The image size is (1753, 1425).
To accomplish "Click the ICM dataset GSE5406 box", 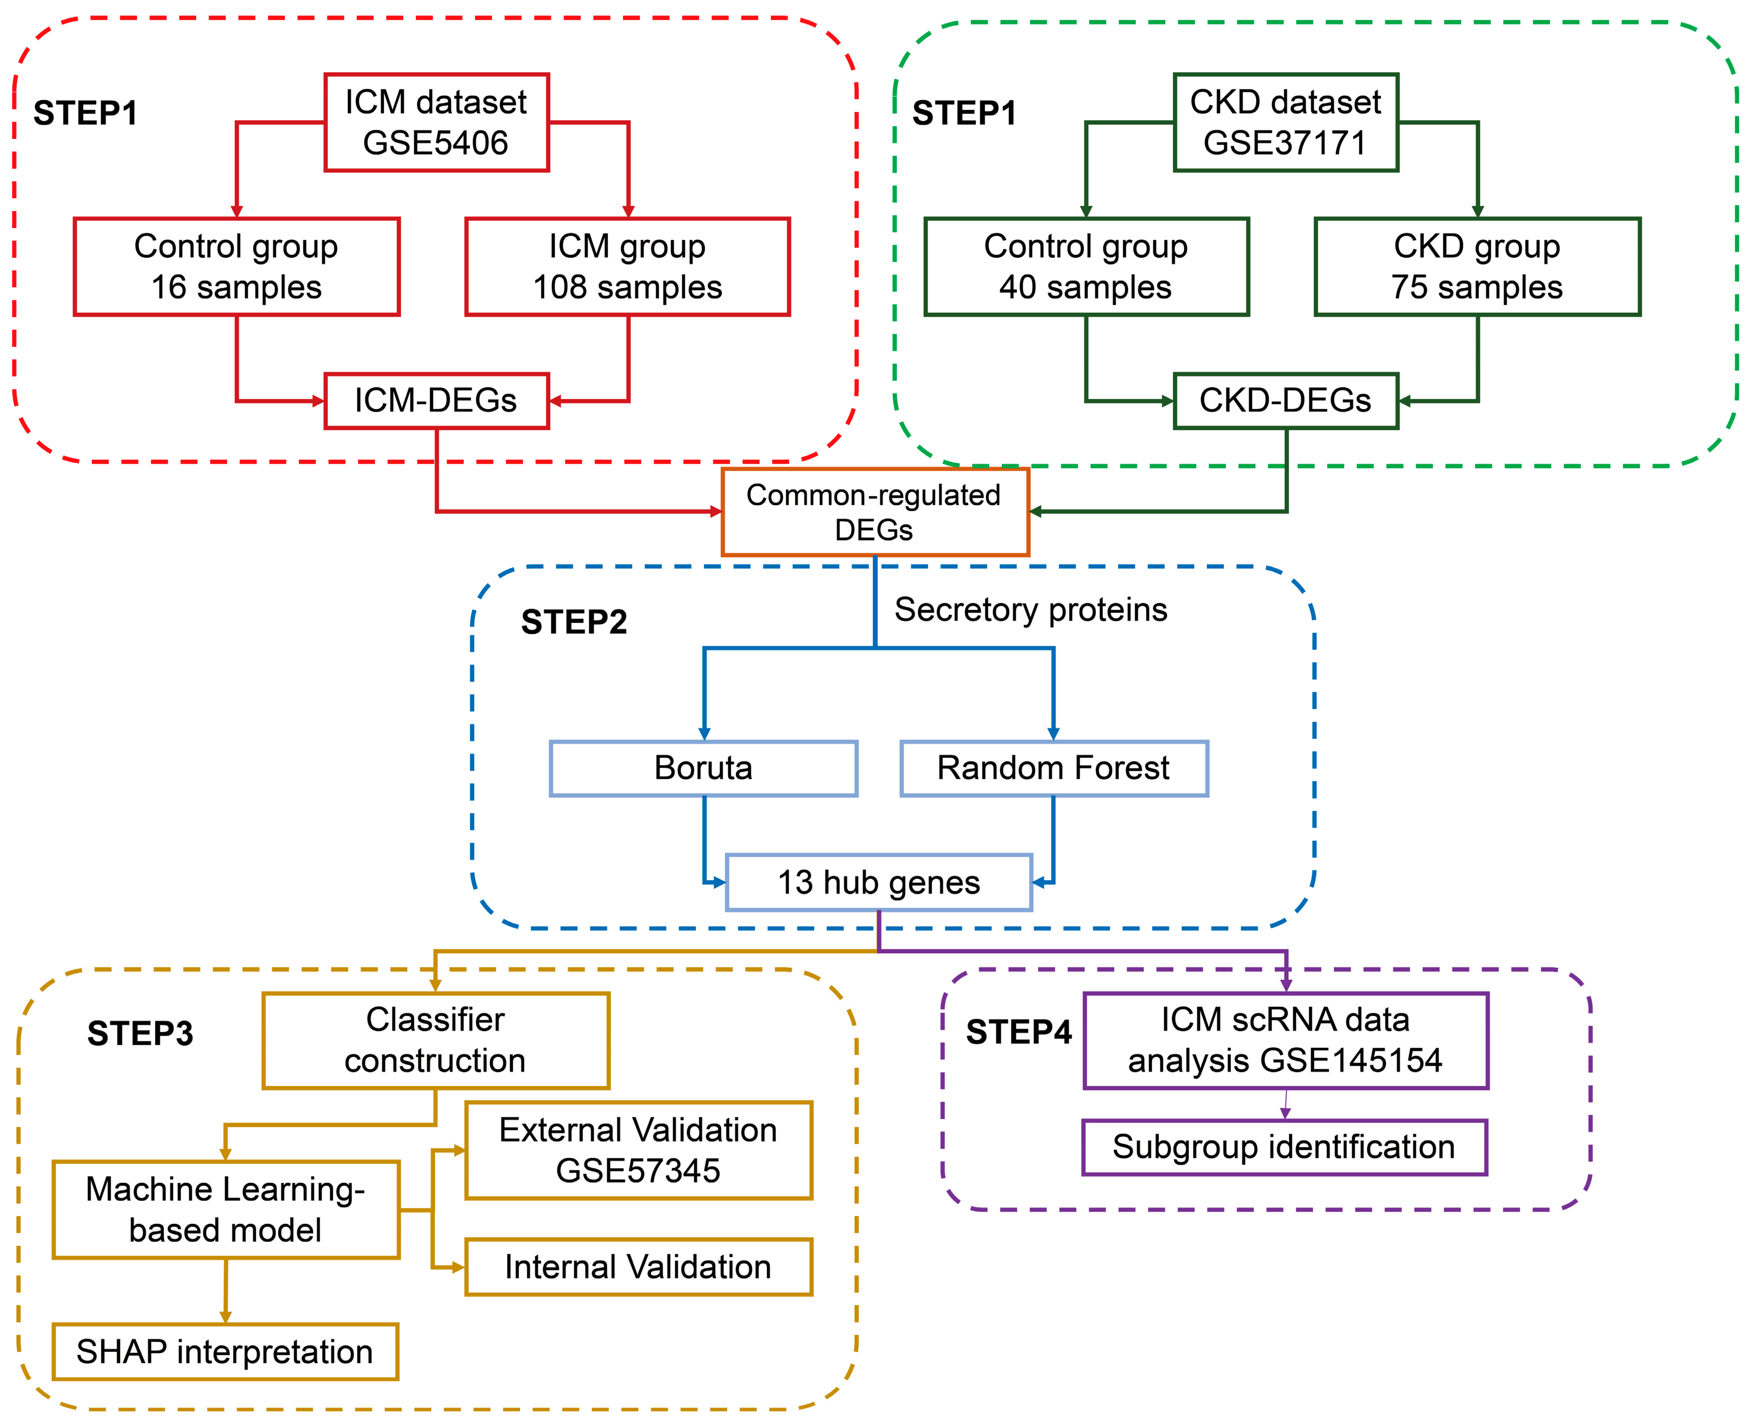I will pos(436,122).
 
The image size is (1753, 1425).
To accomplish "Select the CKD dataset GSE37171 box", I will pos(1285,122).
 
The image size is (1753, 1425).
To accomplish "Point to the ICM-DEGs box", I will pos(436,401).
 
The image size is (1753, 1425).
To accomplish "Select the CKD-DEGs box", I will pos(1285,401).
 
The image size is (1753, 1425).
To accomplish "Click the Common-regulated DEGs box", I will pos(875,512).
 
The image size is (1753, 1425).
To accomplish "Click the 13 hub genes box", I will pos(879,882).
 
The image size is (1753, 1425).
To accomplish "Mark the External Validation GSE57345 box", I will pos(639,1150).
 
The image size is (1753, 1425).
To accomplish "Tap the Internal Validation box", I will pos(639,1267).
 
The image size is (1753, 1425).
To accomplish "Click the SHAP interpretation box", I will pos(225,1351).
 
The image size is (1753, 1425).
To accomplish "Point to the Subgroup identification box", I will pos(1284,1147).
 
